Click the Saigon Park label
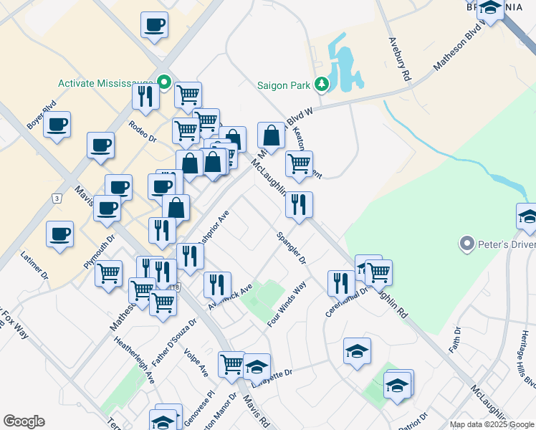point(284,85)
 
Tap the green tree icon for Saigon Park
point(322,85)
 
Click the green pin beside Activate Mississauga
point(164,82)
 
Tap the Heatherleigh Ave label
point(140,362)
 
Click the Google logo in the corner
point(24,421)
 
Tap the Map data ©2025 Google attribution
point(491,424)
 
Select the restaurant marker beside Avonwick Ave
point(217,284)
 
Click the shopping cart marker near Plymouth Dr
point(108,273)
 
